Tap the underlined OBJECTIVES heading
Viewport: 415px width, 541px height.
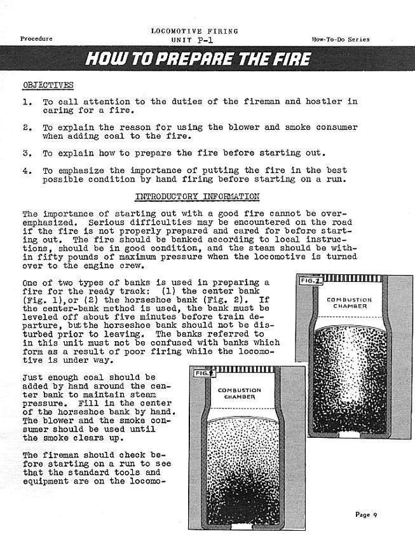point(48,85)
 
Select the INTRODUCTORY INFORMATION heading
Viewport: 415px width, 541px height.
point(197,197)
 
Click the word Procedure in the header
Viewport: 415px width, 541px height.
point(36,39)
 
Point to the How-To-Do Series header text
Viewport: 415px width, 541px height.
point(341,39)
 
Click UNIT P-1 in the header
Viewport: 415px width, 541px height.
point(194,39)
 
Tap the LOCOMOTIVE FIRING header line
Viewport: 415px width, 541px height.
point(194,31)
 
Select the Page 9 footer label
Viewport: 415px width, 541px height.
point(366,515)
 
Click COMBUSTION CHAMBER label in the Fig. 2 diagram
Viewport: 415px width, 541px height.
point(349,302)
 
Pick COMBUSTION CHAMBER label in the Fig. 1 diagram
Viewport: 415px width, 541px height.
point(240,393)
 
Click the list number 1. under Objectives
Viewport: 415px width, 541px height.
point(27,102)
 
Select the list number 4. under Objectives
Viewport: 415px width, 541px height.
point(27,171)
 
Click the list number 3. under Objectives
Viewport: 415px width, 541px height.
point(27,153)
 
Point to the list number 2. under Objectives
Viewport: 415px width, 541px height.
point(27,127)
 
